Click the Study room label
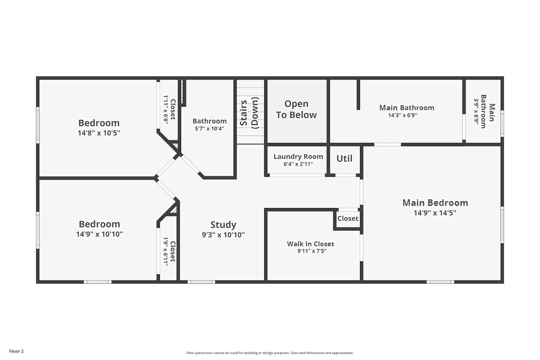click(223, 225)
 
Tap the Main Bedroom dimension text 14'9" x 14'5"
click(435, 213)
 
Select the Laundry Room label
click(298, 157)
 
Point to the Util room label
click(344, 158)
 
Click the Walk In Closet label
click(310, 244)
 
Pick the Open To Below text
click(296, 109)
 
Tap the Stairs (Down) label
click(249, 113)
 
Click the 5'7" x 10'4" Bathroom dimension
click(210, 129)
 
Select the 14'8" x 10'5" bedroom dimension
click(99, 133)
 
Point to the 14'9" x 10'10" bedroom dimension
click(99, 234)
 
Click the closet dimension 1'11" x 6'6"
click(166, 109)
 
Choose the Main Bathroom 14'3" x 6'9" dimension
click(402, 115)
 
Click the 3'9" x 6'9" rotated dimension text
click(476, 111)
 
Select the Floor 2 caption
click(17, 351)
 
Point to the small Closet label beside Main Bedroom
click(348, 219)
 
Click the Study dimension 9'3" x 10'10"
click(223, 235)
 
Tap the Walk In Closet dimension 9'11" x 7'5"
click(312, 251)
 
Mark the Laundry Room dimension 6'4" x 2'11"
click(298, 164)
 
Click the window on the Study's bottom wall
click(201, 282)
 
